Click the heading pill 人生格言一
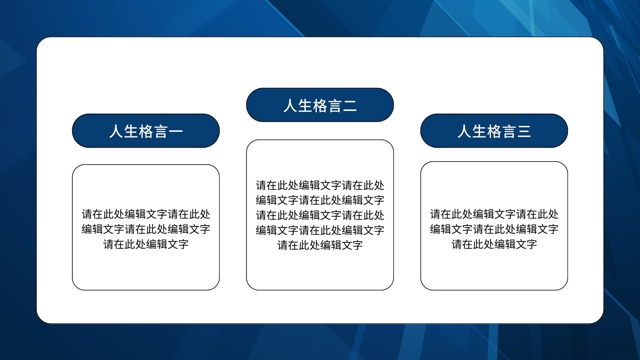point(146,131)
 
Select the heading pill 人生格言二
point(320,105)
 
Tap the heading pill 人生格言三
point(494,131)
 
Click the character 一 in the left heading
point(176,132)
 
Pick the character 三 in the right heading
point(524,132)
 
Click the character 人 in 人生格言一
point(116,132)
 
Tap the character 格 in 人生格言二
point(320,106)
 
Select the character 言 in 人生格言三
point(509,132)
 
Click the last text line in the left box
point(146,244)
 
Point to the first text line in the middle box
point(320,186)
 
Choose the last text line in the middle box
point(320,245)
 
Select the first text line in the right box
point(494,214)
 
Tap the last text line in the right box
point(494,244)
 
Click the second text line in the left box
point(146,229)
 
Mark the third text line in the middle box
point(320,215)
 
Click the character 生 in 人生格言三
point(480,132)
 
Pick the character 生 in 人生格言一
point(131,132)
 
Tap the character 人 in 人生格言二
point(290,106)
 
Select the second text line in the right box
point(494,229)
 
